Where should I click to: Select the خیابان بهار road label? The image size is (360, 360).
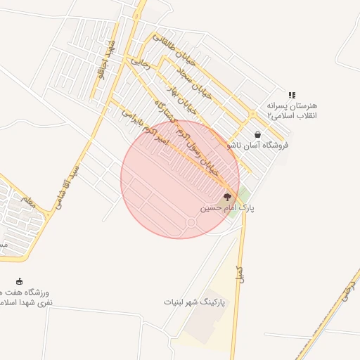point(179,97)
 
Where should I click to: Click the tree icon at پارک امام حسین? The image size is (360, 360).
point(226,198)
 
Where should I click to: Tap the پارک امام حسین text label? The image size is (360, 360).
point(227,208)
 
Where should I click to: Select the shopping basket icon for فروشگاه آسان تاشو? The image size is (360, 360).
point(257,134)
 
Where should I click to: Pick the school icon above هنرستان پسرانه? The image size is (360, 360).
point(291,96)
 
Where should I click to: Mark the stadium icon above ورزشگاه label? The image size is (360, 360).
point(19,281)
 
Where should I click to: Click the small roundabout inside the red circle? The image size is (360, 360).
point(191,222)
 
